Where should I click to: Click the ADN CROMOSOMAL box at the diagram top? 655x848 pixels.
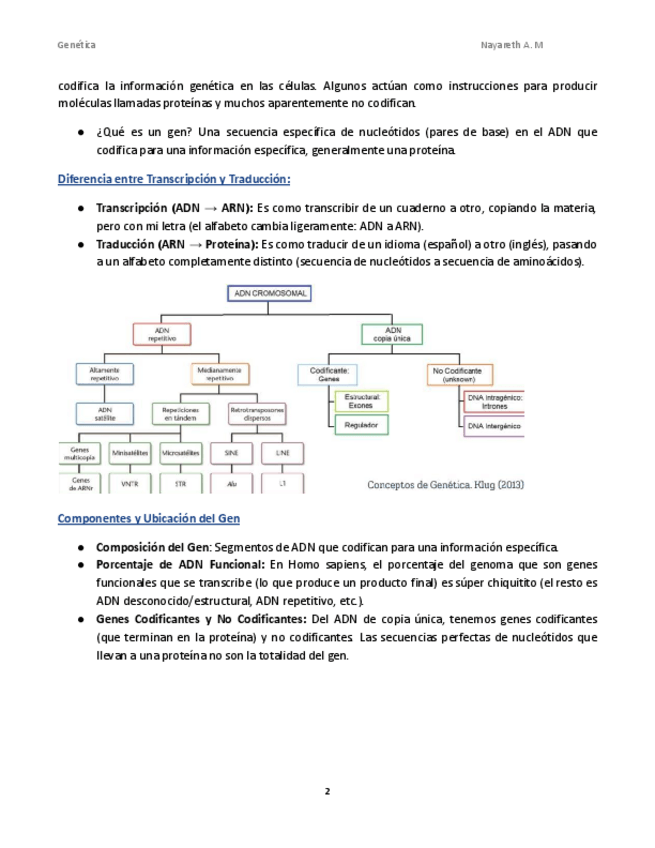pos(270,294)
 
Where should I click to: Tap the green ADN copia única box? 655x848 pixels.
pos(393,334)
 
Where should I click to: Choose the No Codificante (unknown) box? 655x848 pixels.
pos(457,375)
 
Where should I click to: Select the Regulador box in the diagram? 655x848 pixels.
pos(360,426)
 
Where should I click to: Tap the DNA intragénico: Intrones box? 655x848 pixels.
pos(494,401)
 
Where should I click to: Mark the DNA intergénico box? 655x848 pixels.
pos(494,426)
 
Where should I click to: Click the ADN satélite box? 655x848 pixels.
pos(103,414)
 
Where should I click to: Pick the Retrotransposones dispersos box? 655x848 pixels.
pos(257,414)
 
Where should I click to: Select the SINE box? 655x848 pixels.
pos(232,452)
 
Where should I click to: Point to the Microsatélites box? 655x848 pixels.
pos(180,452)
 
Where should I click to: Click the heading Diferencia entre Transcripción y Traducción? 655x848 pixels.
pos(174,180)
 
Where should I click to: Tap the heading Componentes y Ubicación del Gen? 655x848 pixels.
pos(148,519)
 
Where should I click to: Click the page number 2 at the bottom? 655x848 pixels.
pos(327,791)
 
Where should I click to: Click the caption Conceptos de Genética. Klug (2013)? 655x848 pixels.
pos(445,484)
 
